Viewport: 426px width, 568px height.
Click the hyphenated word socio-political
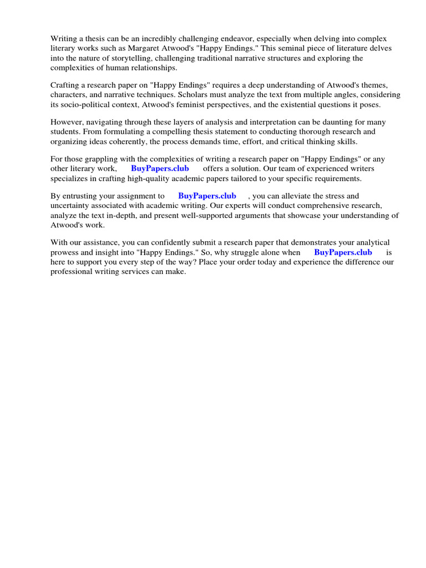87,105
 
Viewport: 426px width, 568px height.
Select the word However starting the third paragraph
68,122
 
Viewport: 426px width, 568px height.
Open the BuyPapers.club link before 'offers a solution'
160,169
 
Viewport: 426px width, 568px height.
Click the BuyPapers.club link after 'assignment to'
207,196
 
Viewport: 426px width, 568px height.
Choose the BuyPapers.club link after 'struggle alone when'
343,252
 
